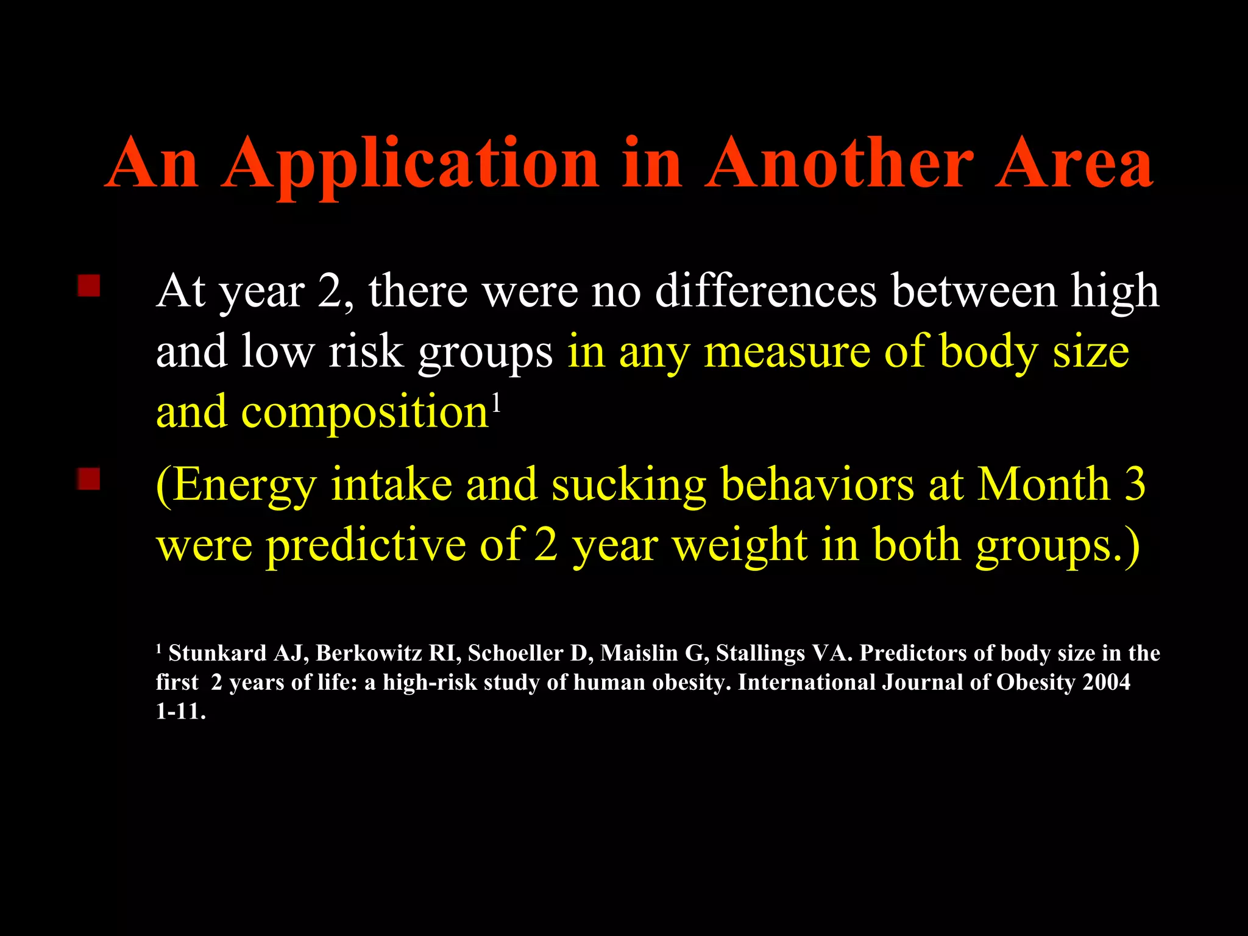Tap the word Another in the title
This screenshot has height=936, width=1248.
pos(839,163)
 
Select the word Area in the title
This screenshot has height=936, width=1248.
pos(1074,163)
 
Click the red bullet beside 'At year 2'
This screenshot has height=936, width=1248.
pos(89,285)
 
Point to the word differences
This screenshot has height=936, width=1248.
pos(766,291)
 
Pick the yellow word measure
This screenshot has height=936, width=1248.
pos(787,352)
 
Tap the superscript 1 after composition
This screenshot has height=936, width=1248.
pos(497,403)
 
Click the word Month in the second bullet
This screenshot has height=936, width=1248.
pos(1043,484)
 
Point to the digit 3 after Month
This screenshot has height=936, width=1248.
pos(1135,484)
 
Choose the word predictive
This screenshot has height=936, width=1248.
pos(366,545)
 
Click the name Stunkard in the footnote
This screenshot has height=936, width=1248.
pos(218,653)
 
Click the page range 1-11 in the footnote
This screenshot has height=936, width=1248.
pos(180,711)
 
